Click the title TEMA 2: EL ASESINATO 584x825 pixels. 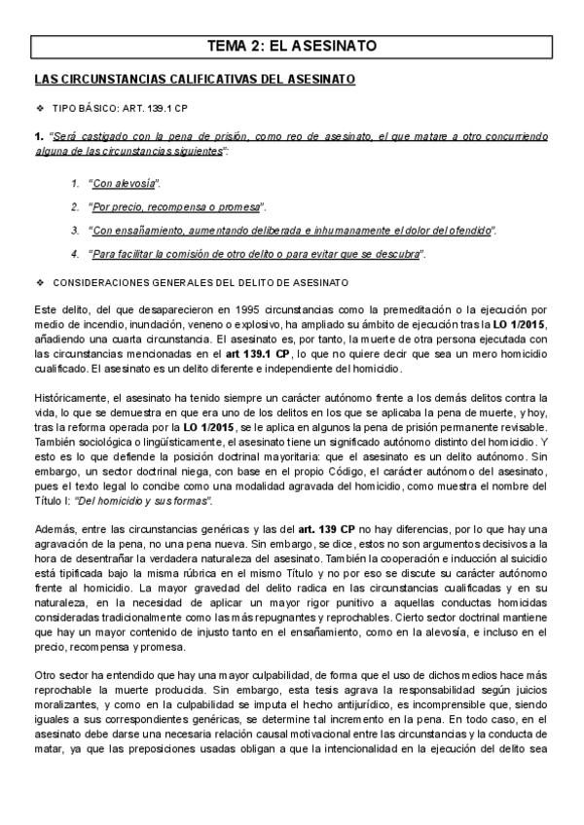pyautogui.click(x=292, y=46)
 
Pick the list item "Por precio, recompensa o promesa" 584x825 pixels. pyautogui.click(x=176, y=207)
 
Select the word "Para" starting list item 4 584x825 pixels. pyautogui.click(x=103, y=254)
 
